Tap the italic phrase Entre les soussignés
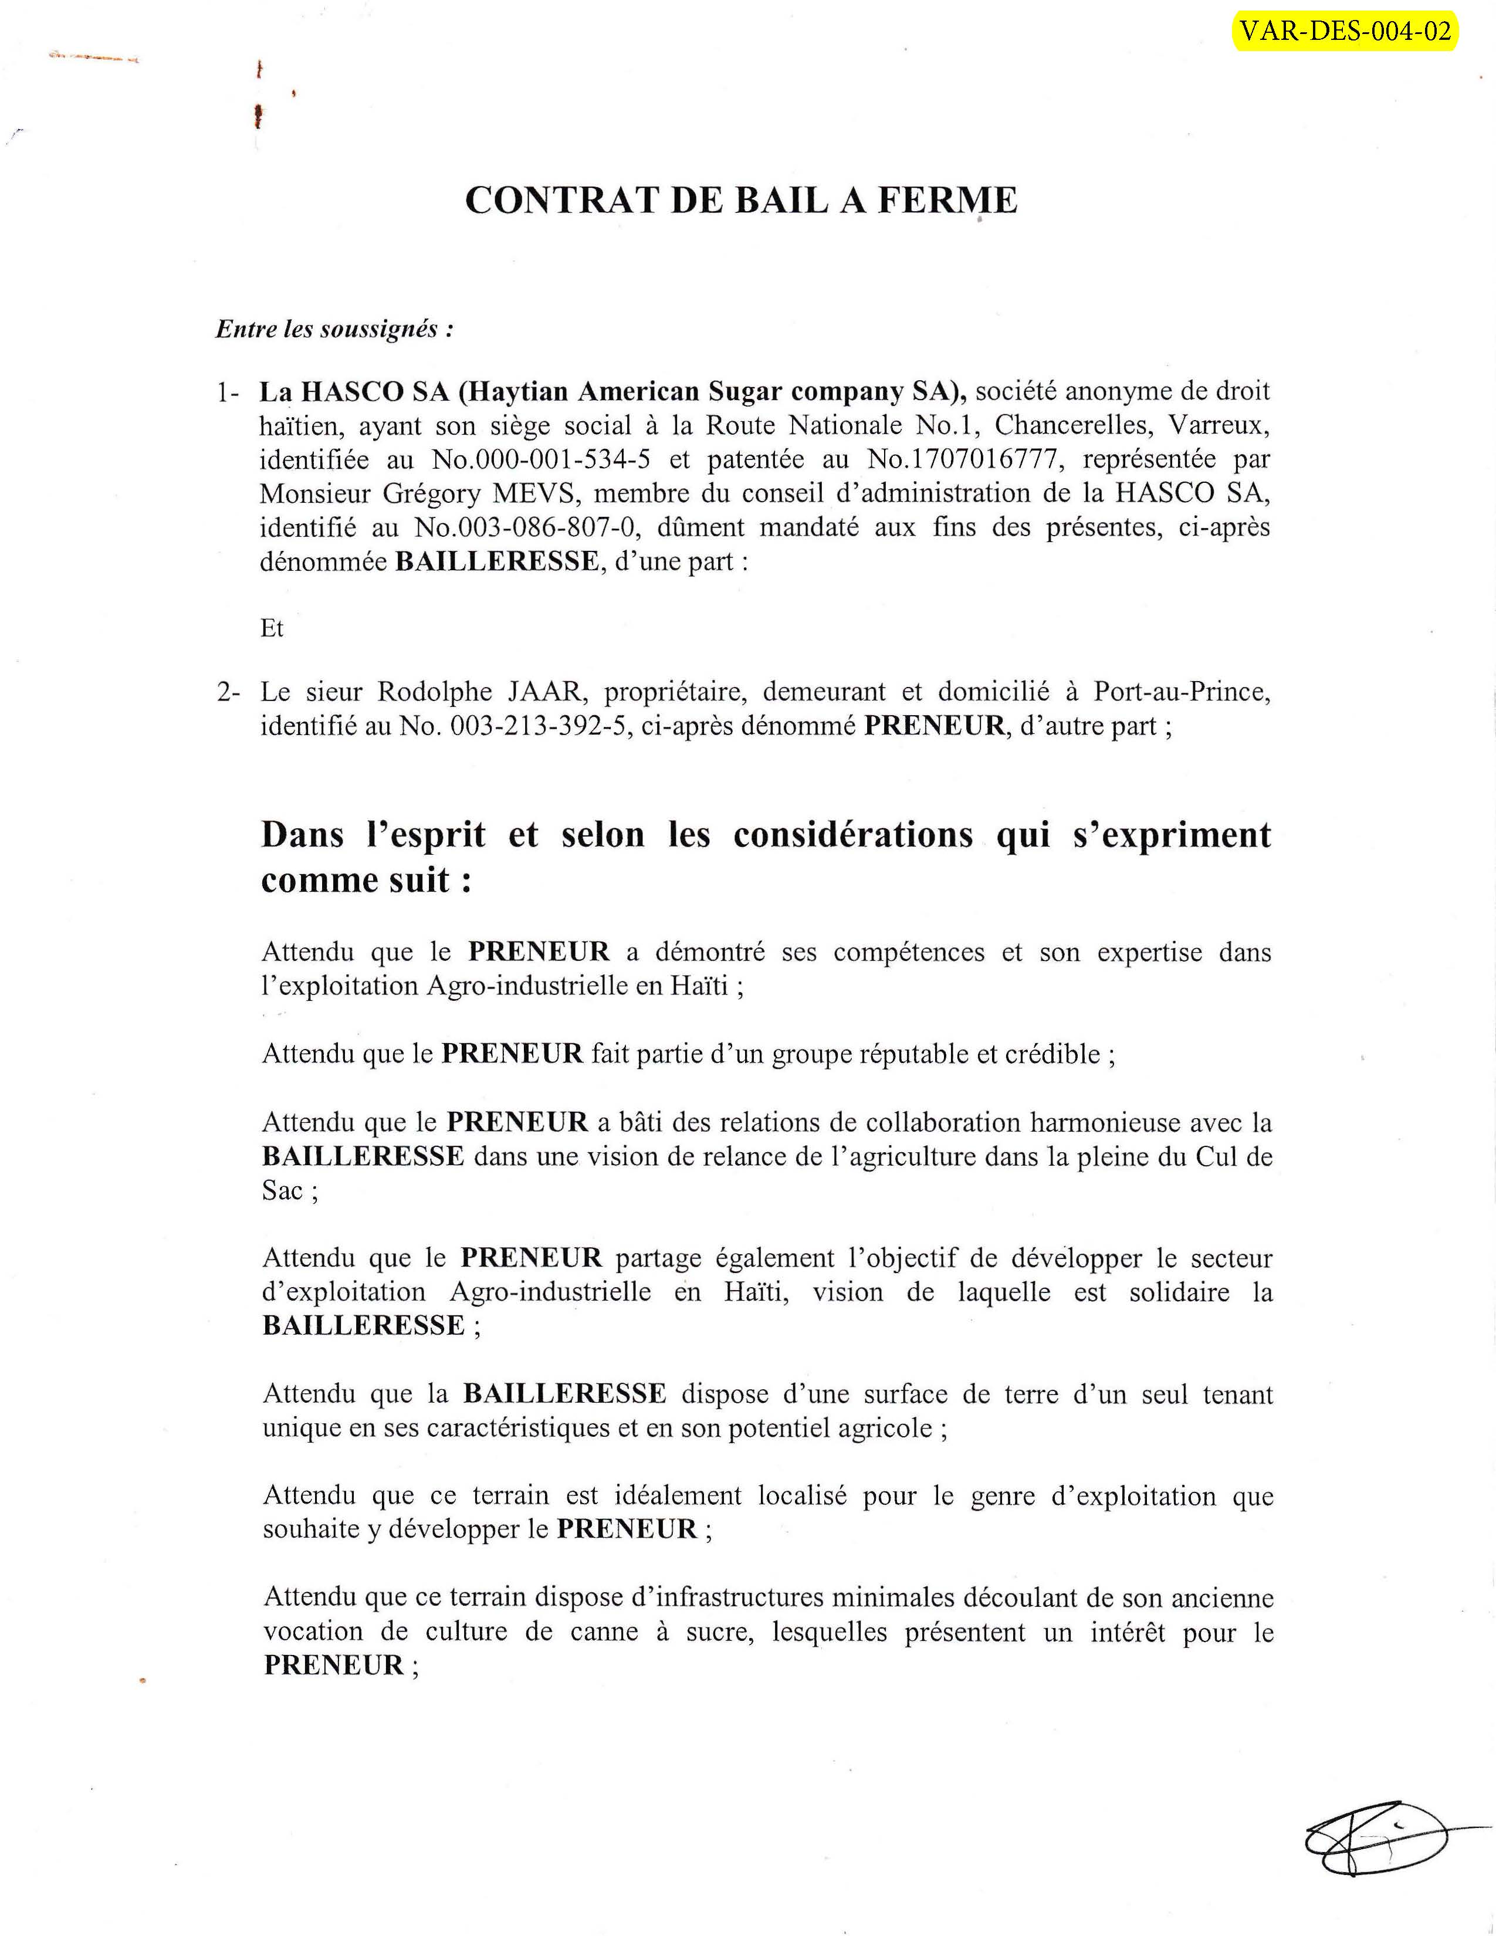335,330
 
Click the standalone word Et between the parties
272,628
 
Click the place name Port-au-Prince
1182,692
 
